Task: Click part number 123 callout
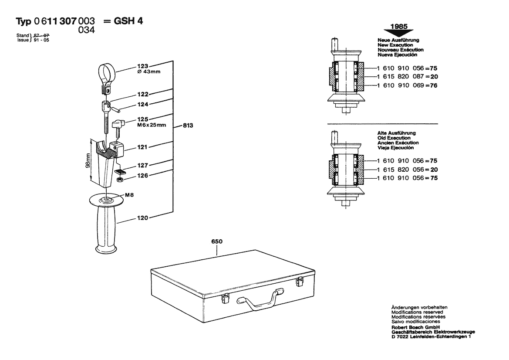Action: click(142, 66)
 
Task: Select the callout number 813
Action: click(188, 126)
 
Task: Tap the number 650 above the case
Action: click(217, 241)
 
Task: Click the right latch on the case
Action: click(299, 282)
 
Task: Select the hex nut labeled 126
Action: click(119, 180)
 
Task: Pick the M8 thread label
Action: click(129, 195)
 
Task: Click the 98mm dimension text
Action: click(88, 160)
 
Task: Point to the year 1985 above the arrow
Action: click(399, 26)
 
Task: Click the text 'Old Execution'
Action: click(394, 138)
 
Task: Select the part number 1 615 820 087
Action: click(401, 77)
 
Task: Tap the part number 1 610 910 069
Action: click(401, 85)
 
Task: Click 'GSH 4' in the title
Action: click(128, 21)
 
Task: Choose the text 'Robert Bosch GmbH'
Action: click(415, 327)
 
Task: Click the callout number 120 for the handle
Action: click(142, 218)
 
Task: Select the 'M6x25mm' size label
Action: click(151, 125)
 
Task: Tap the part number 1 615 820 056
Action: click(401, 170)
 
